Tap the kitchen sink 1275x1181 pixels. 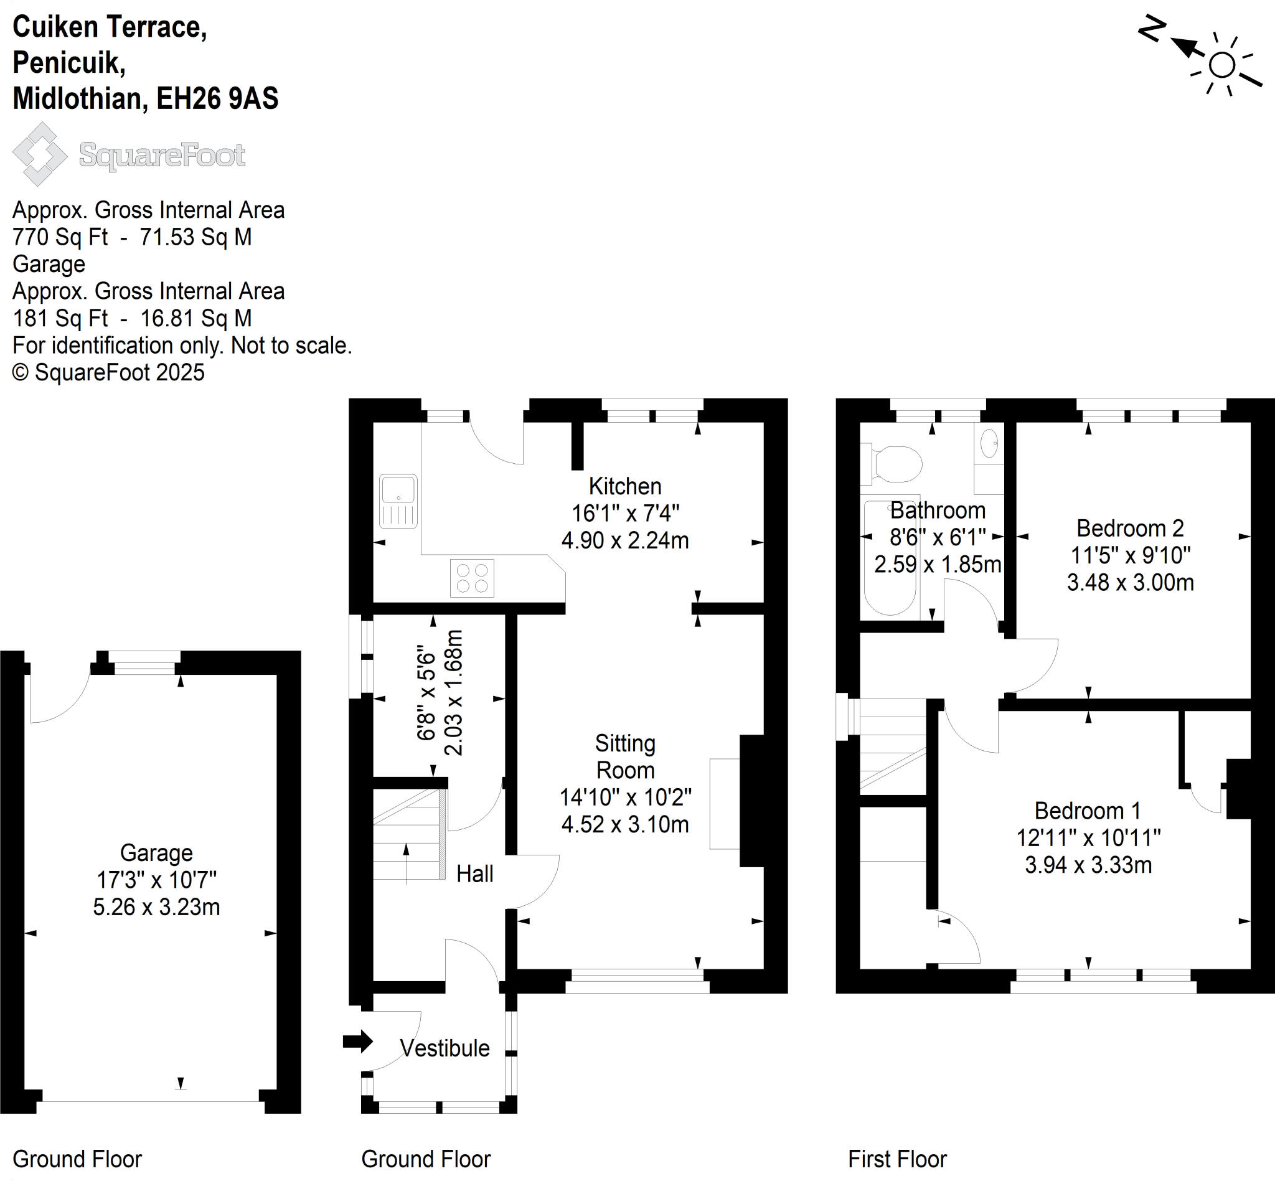[398, 501]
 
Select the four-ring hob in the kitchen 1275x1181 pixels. [472, 578]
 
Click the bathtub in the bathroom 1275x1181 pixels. [890, 557]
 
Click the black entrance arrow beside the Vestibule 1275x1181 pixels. [358, 1041]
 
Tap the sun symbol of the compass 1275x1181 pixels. [1222, 65]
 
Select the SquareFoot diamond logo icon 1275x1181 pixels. [40, 154]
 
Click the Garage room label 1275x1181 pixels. [157, 852]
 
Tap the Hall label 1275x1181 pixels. [475, 873]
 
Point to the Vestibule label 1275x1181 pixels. [445, 1048]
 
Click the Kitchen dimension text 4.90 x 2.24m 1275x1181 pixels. [625, 540]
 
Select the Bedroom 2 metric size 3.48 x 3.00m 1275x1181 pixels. [1131, 583]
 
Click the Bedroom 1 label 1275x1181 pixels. [1088, 811]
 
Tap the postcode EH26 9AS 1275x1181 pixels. [217, 98]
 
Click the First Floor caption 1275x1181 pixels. [897, 1159]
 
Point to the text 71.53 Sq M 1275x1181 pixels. [195, 237]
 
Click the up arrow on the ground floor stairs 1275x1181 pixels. [407, 863]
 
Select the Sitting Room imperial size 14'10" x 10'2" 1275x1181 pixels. [626, 798]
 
